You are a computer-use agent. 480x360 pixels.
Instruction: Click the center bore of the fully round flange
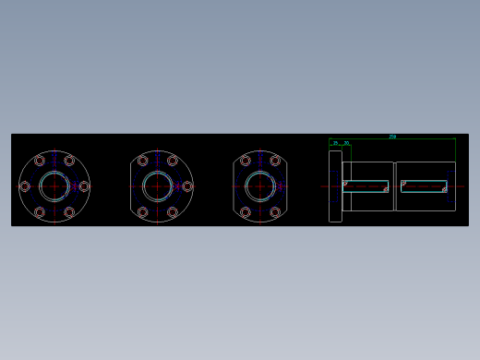tap(54, 186)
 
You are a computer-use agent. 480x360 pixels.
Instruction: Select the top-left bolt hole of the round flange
tap(40, 161)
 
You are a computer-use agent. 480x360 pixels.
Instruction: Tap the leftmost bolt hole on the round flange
tap(25, 186)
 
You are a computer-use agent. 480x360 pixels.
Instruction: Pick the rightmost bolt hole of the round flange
tap(84, 186)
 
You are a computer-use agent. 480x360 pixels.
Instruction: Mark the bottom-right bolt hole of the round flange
tap(69, 212)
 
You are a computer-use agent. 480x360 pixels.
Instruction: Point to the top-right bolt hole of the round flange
tap(69, 161)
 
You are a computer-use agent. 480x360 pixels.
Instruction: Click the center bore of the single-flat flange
tap(158, 186)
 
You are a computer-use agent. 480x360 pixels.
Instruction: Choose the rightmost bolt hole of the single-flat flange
tap(187, 186)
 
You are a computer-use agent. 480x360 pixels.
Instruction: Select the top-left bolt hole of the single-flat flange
tap(143, 161)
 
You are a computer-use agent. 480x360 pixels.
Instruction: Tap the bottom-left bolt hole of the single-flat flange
tap(143, 212)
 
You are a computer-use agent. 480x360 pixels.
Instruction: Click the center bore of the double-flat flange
tap(260, 186)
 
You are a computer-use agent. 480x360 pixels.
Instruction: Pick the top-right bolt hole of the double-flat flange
tap(275, 161)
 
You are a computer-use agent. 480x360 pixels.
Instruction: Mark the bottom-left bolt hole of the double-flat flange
tap(246, 212)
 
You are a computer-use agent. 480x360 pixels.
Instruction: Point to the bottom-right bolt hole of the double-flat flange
tap(275, 212)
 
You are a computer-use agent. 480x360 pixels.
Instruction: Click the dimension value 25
tap(335, 143)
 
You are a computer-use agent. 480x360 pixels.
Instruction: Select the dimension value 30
tap(346, 143)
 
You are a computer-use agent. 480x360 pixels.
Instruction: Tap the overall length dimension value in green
tap(392, 136)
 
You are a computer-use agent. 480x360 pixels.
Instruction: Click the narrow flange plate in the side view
tap(335, 186)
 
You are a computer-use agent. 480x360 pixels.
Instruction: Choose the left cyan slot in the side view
tap(366, 186)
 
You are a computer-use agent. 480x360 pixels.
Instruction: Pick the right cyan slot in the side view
tap(424, 186)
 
